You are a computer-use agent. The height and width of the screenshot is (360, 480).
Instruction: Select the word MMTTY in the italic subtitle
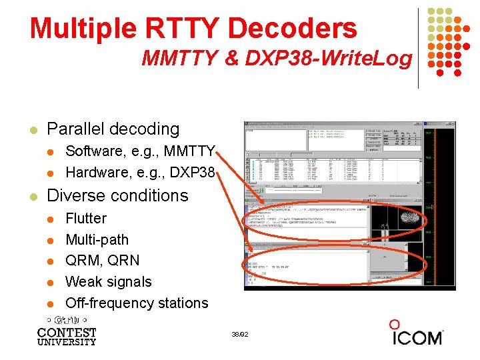tap(179, 59)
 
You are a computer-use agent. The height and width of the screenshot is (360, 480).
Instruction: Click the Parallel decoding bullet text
tap(113, 129)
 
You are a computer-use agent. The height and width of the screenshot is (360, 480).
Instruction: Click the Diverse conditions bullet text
tap(117, 195)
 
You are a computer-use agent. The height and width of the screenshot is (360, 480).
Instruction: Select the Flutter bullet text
tap(86, 218)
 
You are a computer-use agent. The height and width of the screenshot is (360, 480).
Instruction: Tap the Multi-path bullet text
tap(97, 239)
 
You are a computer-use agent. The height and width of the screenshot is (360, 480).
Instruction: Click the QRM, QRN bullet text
tap(103, 260)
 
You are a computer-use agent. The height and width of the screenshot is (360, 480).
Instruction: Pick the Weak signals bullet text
tap(109, 281)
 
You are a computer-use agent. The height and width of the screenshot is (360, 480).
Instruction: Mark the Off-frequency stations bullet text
tap(137, 303)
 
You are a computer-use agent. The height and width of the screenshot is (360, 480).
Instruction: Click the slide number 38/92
tap(239, 334)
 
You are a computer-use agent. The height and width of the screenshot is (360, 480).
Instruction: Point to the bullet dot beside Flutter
tap(53, 219)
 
